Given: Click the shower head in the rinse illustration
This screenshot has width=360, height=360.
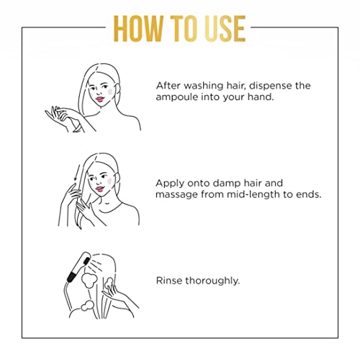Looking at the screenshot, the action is [78, 267].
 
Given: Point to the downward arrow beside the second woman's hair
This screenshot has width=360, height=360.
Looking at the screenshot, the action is [76, 172].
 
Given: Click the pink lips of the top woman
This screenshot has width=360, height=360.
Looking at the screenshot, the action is [99, 99].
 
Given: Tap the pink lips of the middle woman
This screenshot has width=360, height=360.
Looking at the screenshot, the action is [99, 189].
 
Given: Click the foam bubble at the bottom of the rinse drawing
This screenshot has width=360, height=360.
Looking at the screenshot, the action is [86, 306].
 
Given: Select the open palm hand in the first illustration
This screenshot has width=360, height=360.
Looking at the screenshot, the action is [55, 117].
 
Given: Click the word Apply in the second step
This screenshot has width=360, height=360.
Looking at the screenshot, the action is [170, 184].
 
